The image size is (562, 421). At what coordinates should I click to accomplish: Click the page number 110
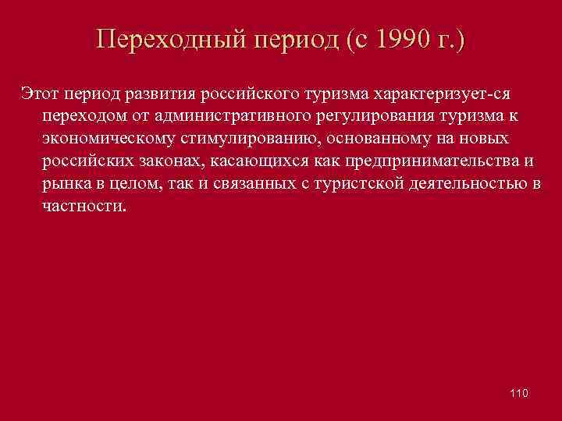[x=518, y=393]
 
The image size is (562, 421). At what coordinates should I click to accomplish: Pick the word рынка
[x=66, y=184]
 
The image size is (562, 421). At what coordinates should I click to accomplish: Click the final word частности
[x=83, y=207]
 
